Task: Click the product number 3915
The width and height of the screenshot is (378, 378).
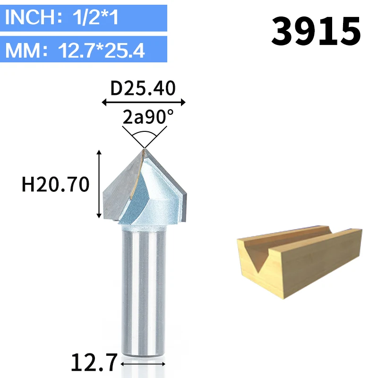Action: pos(316,31)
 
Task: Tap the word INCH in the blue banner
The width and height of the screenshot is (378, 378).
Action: pos(31,17)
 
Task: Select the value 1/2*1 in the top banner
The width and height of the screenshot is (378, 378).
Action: pos(95,17)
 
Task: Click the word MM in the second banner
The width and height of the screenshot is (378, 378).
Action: pos(23,51)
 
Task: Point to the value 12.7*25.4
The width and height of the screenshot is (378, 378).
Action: pos(101,51)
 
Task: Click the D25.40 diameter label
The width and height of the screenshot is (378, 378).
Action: pos(143,88)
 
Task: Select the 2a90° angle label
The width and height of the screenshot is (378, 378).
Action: pos(148,117)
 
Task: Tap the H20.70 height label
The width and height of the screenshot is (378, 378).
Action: pos(56,184)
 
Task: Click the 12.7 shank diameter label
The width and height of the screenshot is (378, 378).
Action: pos(94,362)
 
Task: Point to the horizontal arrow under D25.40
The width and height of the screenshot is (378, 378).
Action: pos(144,102)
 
